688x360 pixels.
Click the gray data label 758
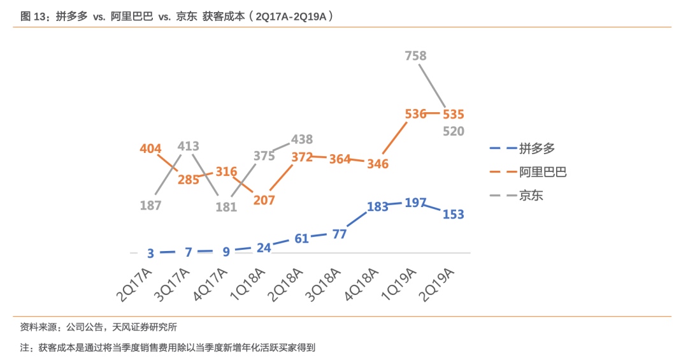click(415, 56)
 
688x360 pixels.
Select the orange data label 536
click(415, 114)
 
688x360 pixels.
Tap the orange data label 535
click(454, 115)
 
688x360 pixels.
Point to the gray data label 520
click(454, 131)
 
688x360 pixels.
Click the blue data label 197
click(415, 203)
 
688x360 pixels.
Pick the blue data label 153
click(454, 215)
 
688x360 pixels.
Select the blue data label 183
click(378, 207)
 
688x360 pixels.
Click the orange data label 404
click(150, 149)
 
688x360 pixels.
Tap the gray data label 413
click(189, 146)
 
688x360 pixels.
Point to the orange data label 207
click(264, 200)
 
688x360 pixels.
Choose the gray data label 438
click(302, 140)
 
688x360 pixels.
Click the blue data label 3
click(150, 254)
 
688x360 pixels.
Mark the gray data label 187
click(150, 205)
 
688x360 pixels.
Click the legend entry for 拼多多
click(536, 148)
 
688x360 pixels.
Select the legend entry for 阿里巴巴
click(542, 172)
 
